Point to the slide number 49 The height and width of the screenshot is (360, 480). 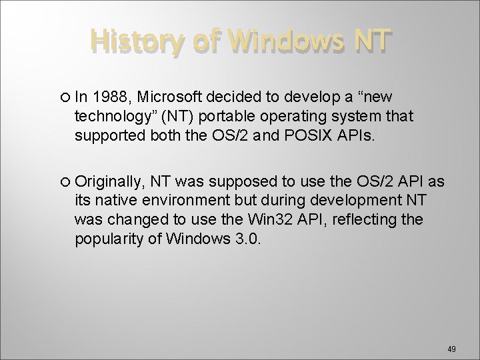pyautogui.click(x=451, y=348)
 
